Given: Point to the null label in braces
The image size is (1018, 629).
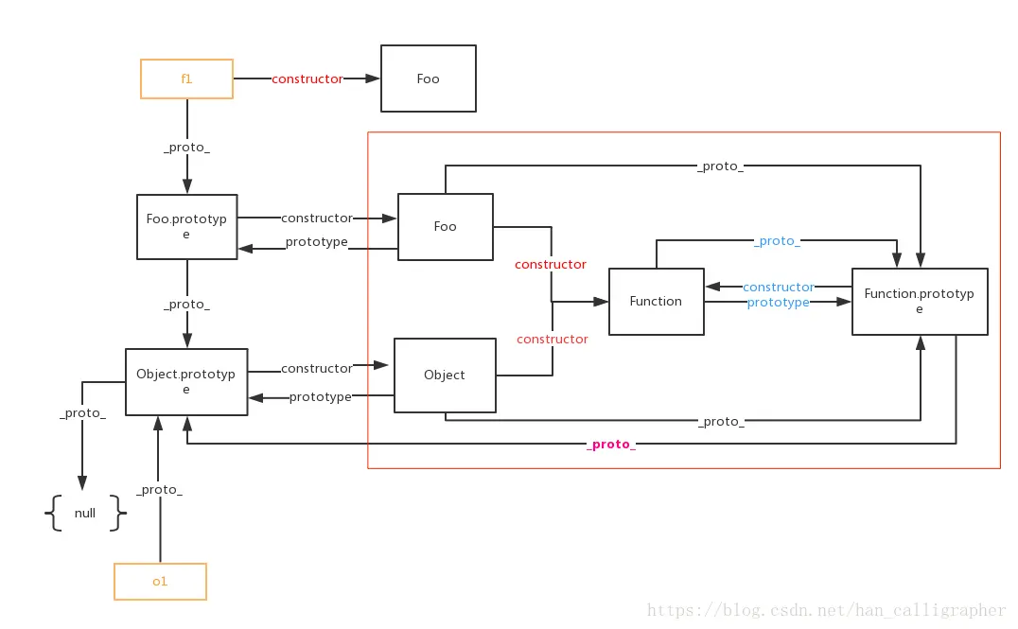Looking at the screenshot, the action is coord(85,513).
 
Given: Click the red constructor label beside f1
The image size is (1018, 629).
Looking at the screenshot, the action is coord(307,79).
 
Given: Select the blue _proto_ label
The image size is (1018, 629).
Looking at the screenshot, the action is coord(777,241).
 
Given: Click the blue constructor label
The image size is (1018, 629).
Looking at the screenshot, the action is coord(779,287).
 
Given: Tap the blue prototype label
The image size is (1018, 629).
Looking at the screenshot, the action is coord(779,303).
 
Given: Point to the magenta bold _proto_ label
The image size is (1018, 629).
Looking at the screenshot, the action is coord(611,444).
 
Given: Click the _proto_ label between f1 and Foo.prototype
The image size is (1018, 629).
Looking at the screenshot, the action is coord(187,148).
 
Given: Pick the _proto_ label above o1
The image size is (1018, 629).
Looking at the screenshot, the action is coord(160,489).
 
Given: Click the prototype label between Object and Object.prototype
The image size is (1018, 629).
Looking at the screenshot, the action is coord(320,396).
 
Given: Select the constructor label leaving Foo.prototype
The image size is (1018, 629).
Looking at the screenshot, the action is coord(317,218).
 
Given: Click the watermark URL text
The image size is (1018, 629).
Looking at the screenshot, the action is coord(826,610).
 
